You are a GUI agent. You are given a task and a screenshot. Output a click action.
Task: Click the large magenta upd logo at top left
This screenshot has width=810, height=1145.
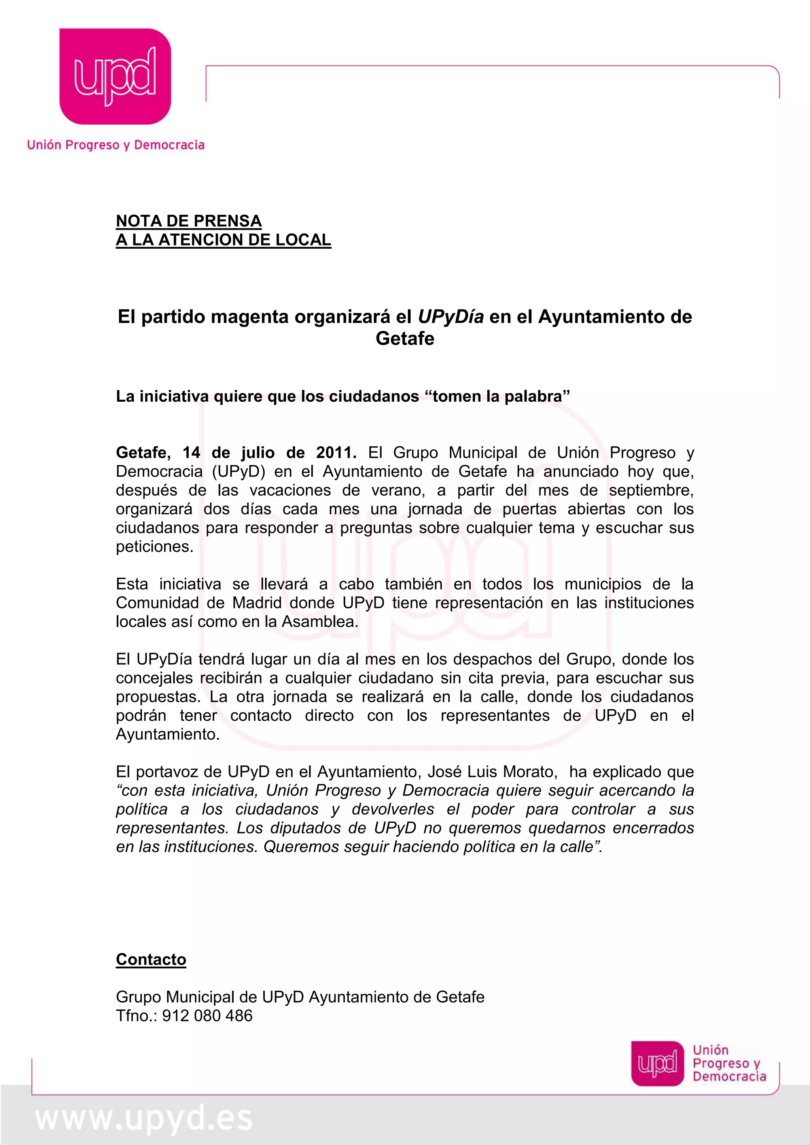pos(115,76)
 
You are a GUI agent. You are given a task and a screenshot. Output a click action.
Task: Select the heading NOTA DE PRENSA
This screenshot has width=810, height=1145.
pos(189,221)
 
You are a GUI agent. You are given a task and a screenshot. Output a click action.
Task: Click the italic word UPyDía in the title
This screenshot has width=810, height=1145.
pos(450,317)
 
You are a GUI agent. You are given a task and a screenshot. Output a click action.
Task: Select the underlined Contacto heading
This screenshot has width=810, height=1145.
pos(151,959)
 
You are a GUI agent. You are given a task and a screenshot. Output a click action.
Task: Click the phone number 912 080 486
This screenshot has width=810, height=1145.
pos(207,1016)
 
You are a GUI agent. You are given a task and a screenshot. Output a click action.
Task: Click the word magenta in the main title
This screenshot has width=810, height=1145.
pos(250,317)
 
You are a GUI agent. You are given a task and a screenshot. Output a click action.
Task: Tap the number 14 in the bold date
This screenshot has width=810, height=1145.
pos(191,452)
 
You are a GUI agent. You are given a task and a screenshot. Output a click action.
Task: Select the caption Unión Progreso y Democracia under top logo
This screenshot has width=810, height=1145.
pos(116,145)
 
